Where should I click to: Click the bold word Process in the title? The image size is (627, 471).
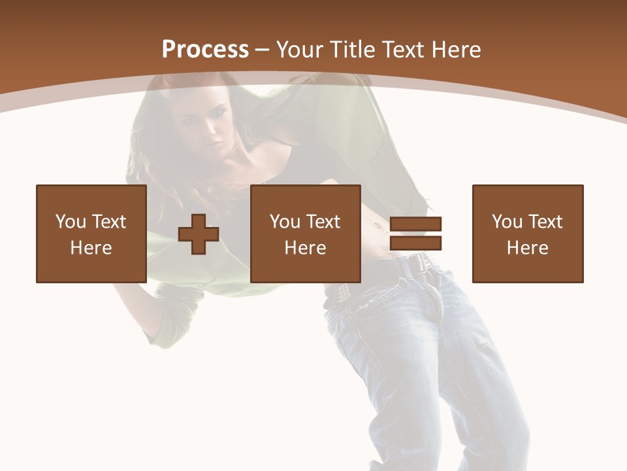point(205,50)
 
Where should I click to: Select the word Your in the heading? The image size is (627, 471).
point(300,50)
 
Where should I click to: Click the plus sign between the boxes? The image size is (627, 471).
point(199,234)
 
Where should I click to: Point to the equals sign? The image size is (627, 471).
point(415,234)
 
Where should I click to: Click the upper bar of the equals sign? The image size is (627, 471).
point(415,224)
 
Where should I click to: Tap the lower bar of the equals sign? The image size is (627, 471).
point(415,243)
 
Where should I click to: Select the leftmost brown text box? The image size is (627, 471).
point(91,234)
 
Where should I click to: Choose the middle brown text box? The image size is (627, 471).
point(305,234)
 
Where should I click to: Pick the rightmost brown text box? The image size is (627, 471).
point(527,234)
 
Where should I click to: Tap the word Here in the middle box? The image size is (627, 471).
point(305,248)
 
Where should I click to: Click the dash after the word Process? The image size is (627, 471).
point(262,50)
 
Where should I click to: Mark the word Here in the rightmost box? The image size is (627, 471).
point(527,248)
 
